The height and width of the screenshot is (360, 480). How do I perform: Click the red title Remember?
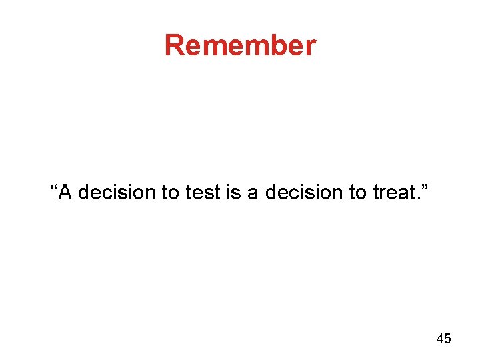[240, 45]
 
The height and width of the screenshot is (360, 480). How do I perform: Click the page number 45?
[443, 339]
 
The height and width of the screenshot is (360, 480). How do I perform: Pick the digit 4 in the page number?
[439, 339]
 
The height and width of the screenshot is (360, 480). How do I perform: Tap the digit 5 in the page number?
[447, 339]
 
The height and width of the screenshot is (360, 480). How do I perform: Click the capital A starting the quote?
[65, 193]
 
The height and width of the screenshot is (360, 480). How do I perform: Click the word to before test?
[170, 193]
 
